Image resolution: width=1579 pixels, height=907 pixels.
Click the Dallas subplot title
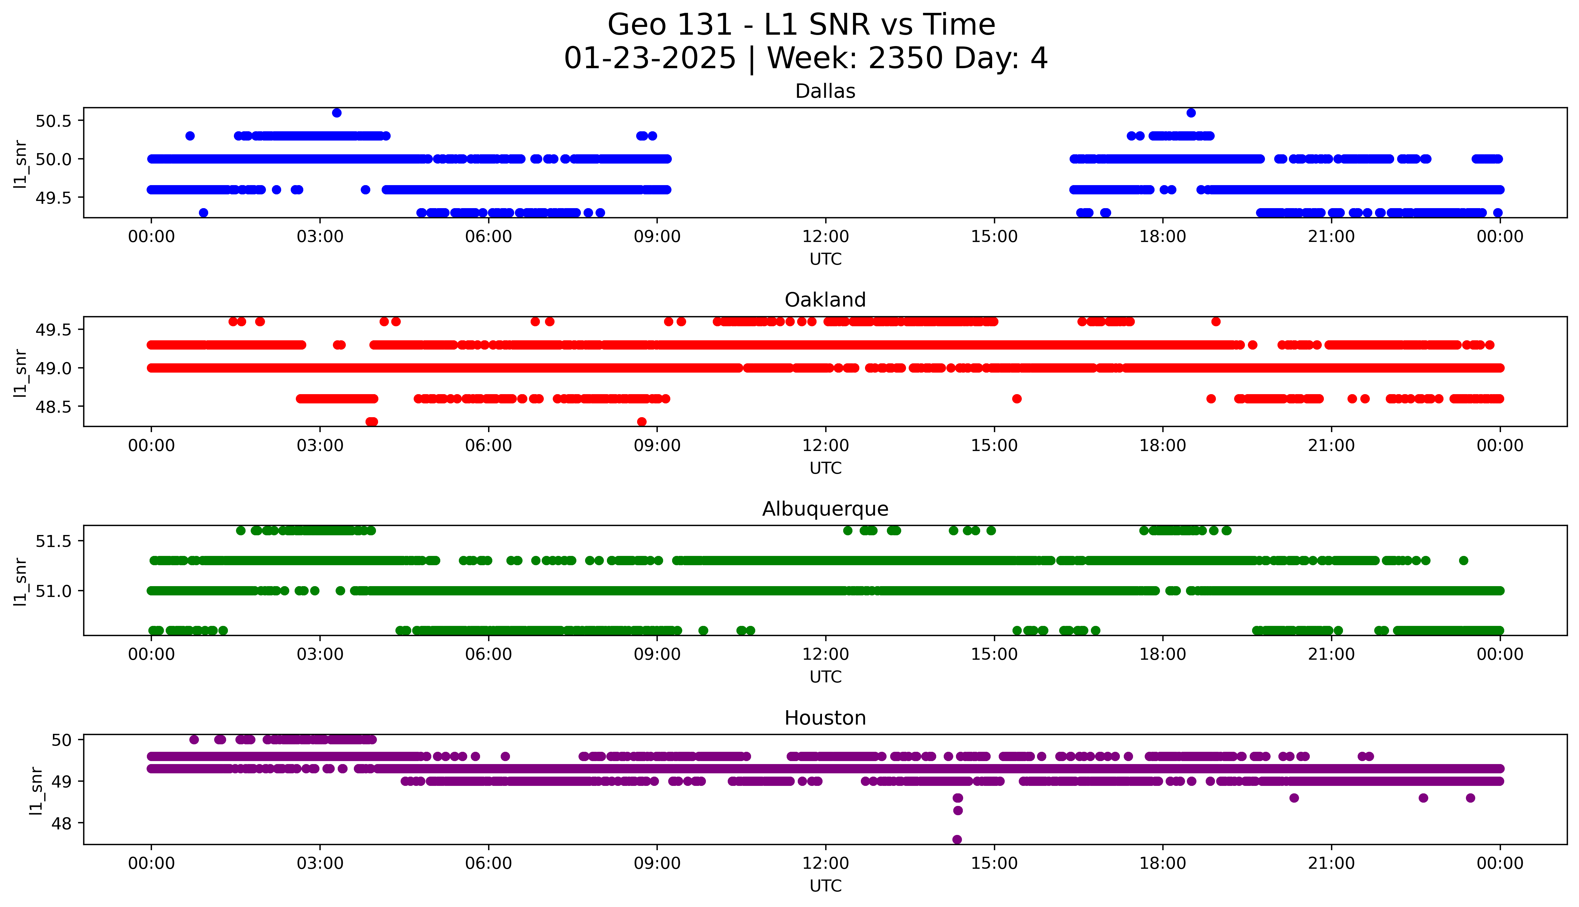825,92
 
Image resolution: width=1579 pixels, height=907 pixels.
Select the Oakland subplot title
825,300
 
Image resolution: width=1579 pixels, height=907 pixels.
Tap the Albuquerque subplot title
825,509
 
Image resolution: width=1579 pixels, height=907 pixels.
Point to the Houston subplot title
825,718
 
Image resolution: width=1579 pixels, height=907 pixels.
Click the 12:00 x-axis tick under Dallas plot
825,237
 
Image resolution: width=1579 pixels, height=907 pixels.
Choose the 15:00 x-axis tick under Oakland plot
994,445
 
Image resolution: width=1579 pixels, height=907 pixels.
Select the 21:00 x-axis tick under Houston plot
1331,863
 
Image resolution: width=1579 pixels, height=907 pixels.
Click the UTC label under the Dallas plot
825,259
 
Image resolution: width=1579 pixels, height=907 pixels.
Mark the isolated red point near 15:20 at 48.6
1017,399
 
